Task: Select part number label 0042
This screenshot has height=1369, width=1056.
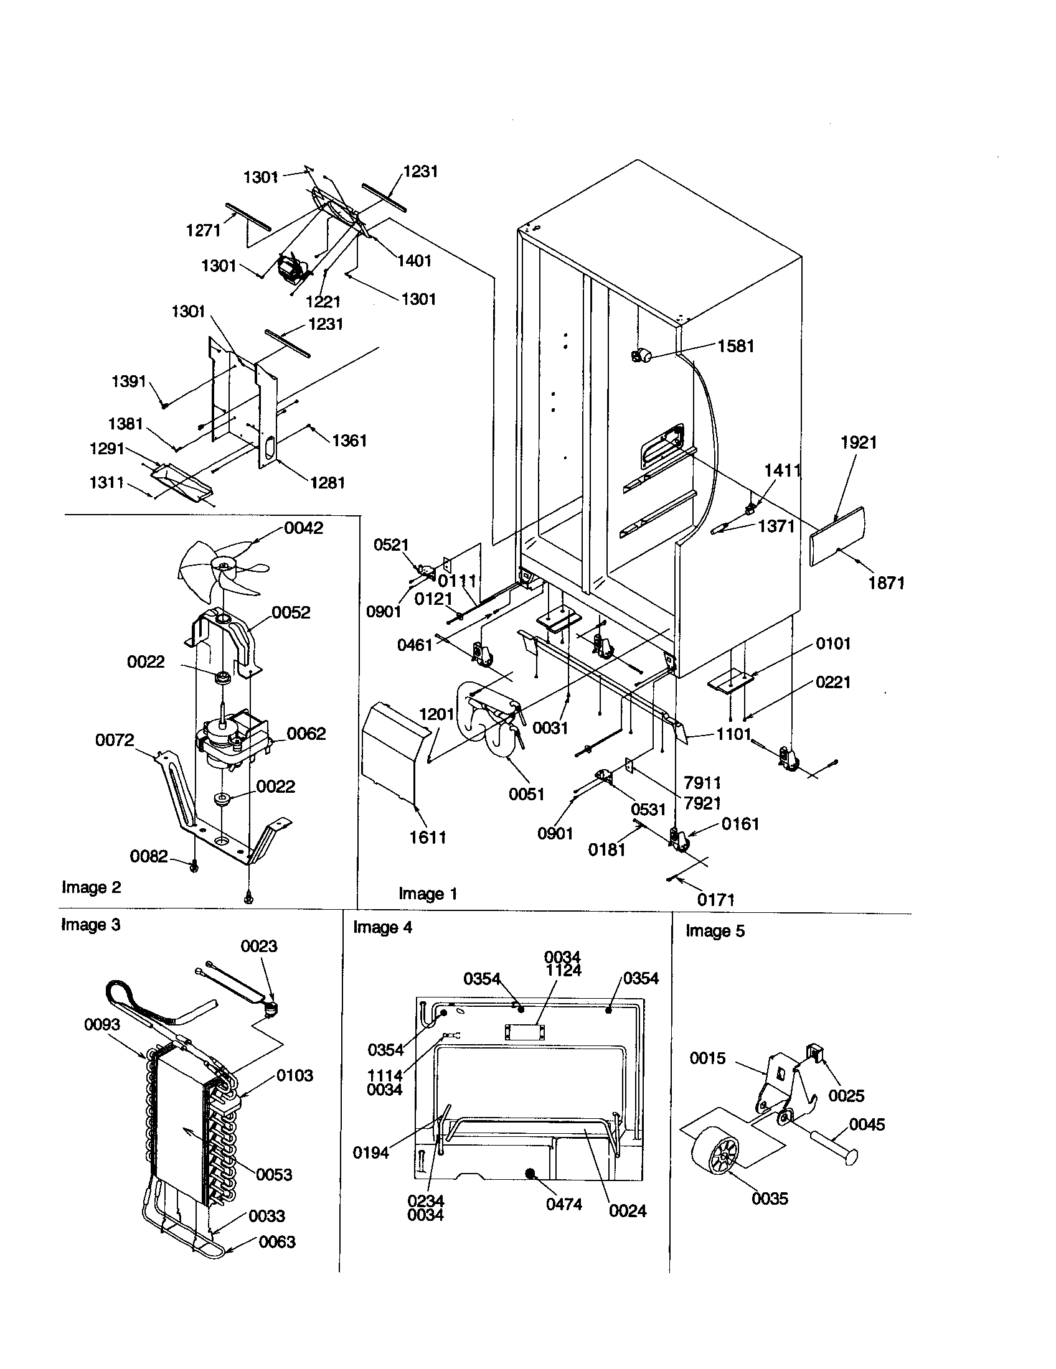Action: click(x=303, y=528)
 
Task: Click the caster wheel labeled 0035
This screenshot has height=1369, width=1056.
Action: click(x=715, y=1156)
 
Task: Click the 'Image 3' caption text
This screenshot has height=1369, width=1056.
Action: click(x=90, y=925)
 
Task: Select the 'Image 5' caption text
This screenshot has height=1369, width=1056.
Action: click(x=715, y=931)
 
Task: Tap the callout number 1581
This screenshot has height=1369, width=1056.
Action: click(x=735, y=346)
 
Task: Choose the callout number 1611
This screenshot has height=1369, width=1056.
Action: click(x=428, y=837)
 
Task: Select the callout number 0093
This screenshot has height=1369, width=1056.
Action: click(x=101, y=1024)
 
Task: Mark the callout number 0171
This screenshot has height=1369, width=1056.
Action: click(x=715, y=900)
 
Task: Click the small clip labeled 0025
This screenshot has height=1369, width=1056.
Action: click(x=814, y=1054)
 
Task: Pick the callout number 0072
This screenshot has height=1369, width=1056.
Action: click(x=114, y=740)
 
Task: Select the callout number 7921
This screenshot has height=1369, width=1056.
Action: click(x=702, y=803)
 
